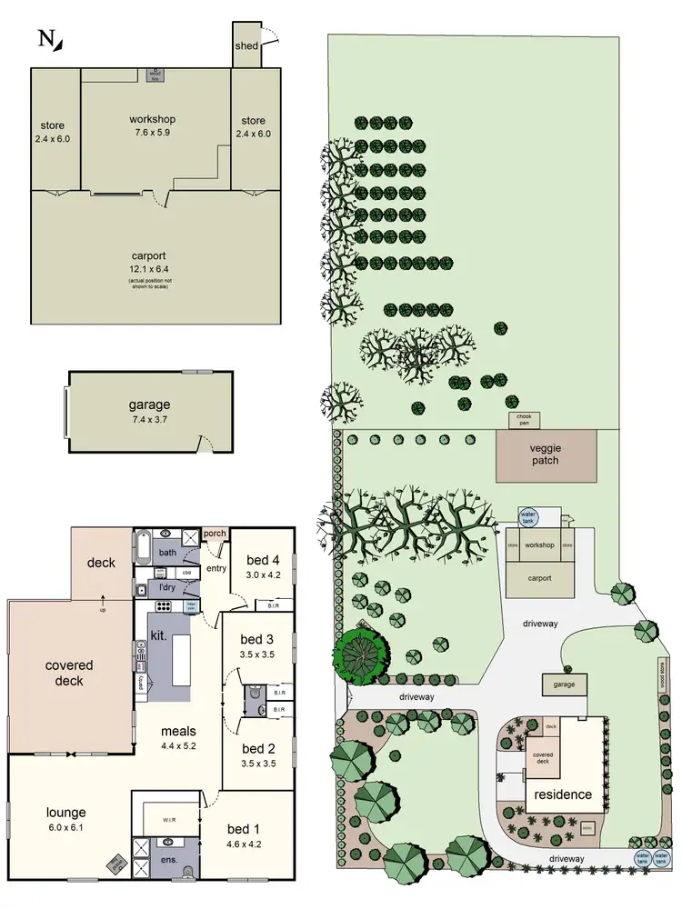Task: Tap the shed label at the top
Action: coord(246,45)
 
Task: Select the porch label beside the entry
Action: coord(215,534)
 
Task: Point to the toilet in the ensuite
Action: coord(188,871)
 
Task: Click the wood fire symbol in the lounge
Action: coord(116,862)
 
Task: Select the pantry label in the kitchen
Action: coord(140,683)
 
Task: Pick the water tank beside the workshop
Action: coord(528,517)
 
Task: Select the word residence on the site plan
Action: coord(562,794)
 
